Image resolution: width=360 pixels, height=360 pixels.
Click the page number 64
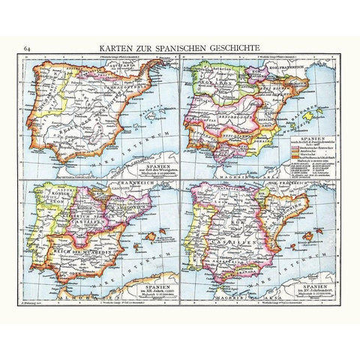[x=27, y=50]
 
